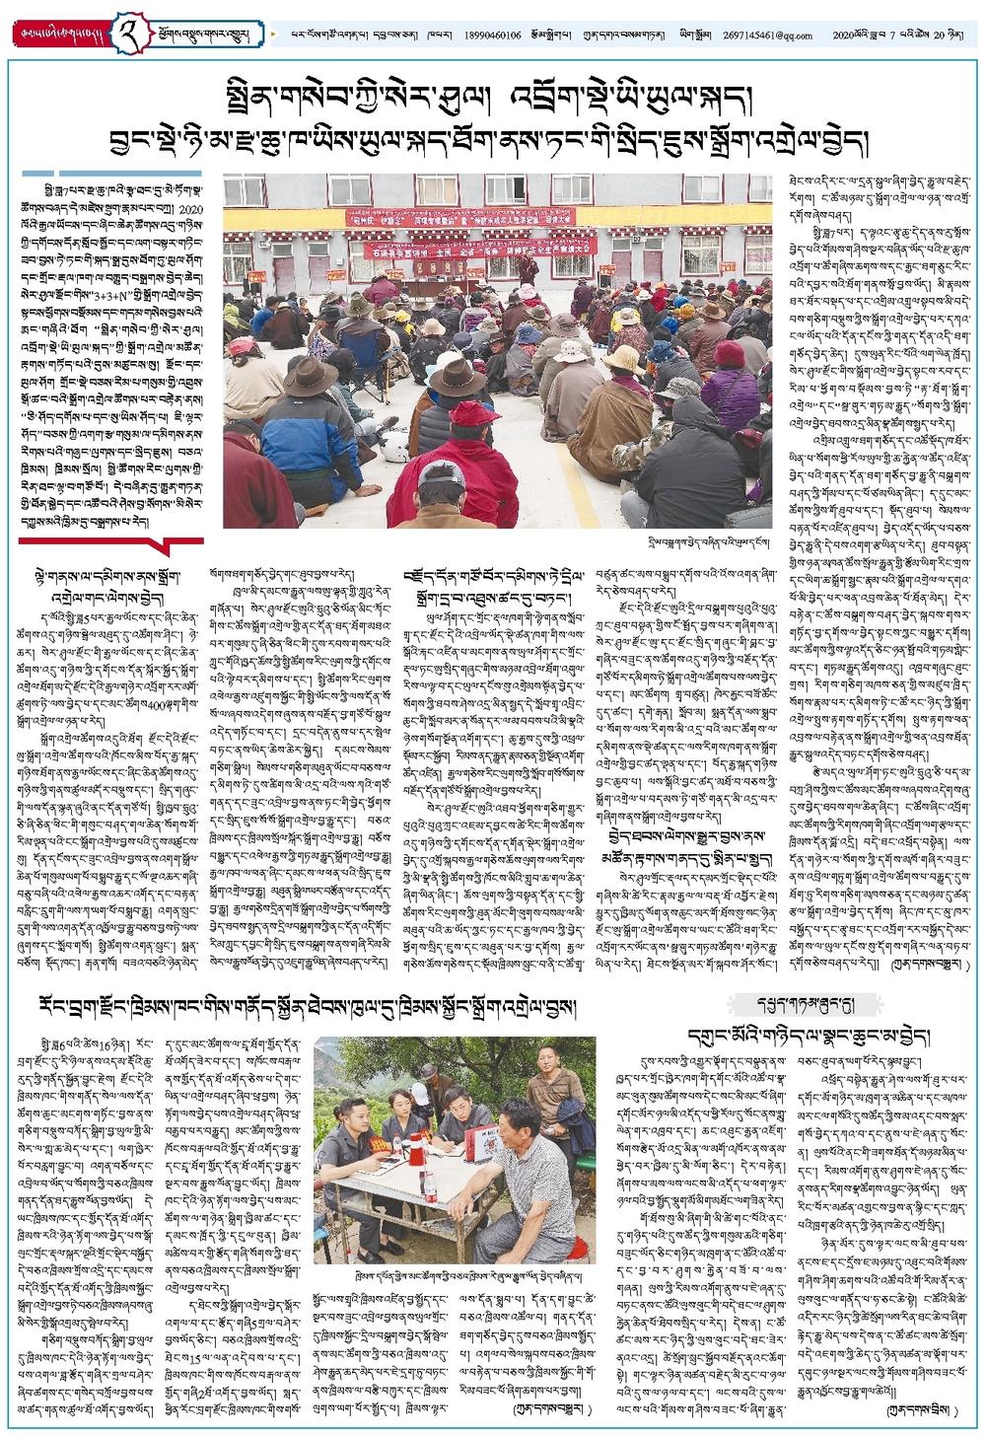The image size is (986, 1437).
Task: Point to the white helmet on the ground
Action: tap(398, 448)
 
